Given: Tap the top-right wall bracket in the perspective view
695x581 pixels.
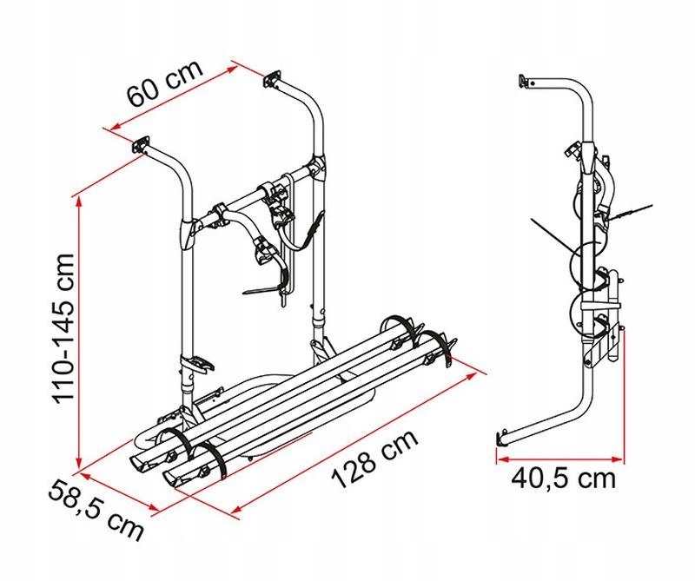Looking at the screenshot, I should click(273, 79).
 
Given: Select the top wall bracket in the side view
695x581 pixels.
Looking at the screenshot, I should click(524, 81).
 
